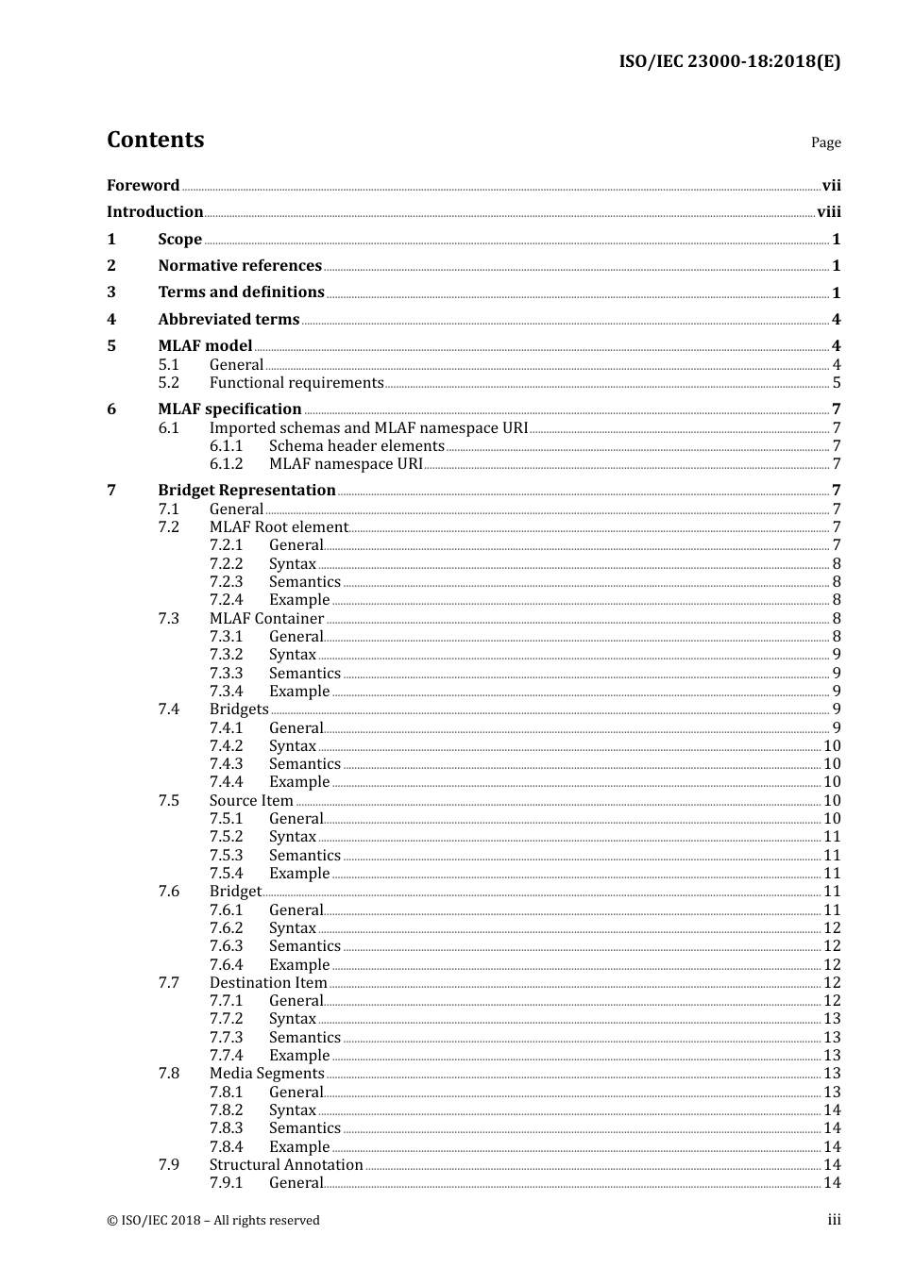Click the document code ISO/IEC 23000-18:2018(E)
(x=729, y=62)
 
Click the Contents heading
(x=155, y=140)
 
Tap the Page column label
(x=825, y=142)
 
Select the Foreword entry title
(x=143, y=186)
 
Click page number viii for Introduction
(x=828, y=212)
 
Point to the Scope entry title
(x=179, y=240)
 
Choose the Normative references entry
(x=240, y=266)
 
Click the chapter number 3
(x=111, y=292)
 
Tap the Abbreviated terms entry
(x=228, y=320)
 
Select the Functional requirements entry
(x=296, y=383)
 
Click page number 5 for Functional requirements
(x=836, y=383)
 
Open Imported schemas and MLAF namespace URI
(x=368, y=428)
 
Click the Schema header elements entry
(x=356, y=446)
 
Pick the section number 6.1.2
(x=227, y=464)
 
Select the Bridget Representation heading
(x=246, y=491)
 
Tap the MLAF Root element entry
(x=279, y=527)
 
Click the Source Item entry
(x=251, y=801)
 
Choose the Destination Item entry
(x=268, y=983)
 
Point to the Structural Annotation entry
(x=286, y=1165)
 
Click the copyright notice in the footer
(x=213, y=1221)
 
